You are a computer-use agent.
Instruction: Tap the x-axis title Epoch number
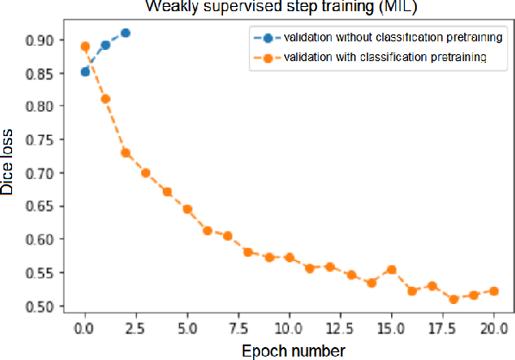289,350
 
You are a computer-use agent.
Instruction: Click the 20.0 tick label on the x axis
493,328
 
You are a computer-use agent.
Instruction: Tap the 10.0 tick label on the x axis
289,328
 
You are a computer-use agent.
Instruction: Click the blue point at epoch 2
126,33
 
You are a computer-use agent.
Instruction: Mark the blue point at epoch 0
85,71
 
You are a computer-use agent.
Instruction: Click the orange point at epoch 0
85,47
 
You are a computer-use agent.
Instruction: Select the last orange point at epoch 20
493,291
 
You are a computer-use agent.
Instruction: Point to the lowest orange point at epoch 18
453,299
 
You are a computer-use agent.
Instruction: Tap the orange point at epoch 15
392,270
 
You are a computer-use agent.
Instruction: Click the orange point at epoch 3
146,172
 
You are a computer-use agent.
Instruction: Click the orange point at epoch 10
289,258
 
